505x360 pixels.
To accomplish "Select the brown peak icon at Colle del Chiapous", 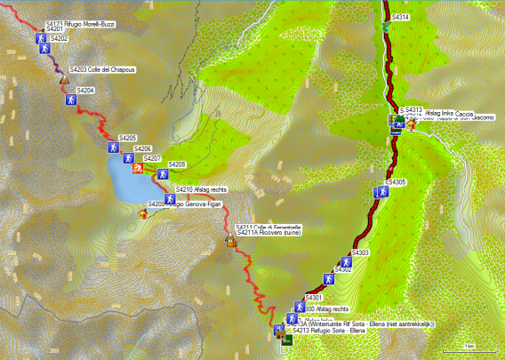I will pyautogui.click(x=64, y=79).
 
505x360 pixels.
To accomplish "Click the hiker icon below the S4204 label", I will pyautogui.click(x=69, y=100).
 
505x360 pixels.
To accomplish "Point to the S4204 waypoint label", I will pyautogui.click(x=85, y=91).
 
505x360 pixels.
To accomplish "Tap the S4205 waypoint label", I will pyautogui.click(x=127, y=138).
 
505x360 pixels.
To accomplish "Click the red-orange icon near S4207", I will pyautogui.click(x=138, y=167).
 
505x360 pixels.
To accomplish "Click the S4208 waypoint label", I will pyautogui.click(x=176, y=164).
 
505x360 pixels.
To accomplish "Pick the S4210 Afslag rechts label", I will pyautogui.click(x=201, y=189).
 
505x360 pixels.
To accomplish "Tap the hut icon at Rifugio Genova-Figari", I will pyautogui.click(x=144, y=213).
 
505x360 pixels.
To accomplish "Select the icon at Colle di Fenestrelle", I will pyautogui.click(x=230, y=240).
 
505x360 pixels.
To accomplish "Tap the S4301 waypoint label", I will pyautogui.click(x=313, y=297).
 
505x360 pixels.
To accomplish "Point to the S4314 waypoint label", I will pyautogui.click(x=400, y=17).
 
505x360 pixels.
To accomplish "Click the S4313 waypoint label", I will pyautogui.click(x=413, y=109).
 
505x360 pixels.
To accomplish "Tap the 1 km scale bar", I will pyautogui.click(x=467, y=347).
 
